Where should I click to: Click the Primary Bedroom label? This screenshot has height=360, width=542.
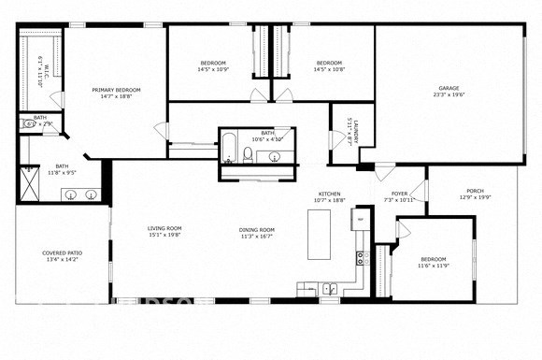click(x=116, y=90)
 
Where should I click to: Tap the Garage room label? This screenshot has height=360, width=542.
click(x=449, y=90)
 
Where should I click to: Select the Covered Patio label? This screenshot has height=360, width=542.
click(x=62, y=252)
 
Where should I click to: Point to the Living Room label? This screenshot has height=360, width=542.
click(x=164, y=228)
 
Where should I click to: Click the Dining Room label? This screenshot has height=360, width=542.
click(x=257, y=229)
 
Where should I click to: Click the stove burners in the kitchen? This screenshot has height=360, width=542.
click(x=358, y=258)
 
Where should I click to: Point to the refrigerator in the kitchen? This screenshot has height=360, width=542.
click(x=358, y=219)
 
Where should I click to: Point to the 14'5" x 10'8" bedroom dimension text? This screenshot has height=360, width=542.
click(x=329, y=69)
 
